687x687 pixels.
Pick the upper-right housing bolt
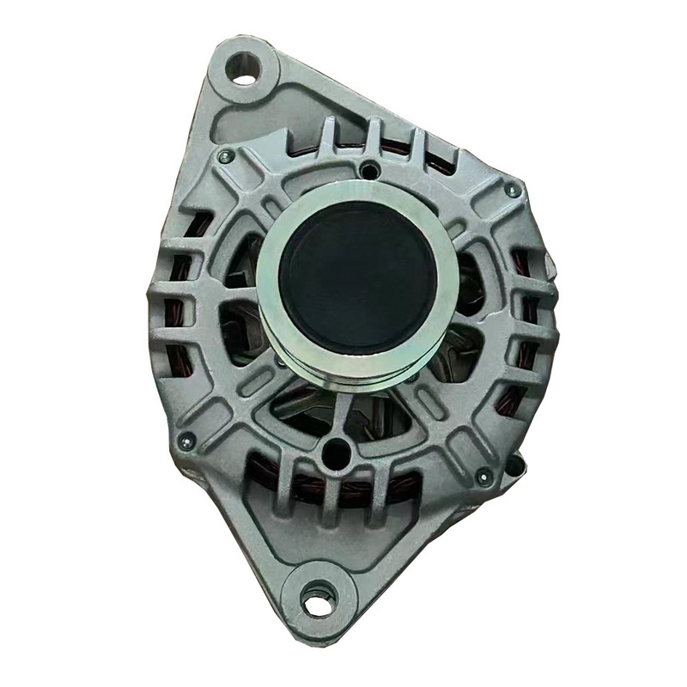tap(513, 190)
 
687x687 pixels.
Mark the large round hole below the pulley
tap(335, 449)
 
